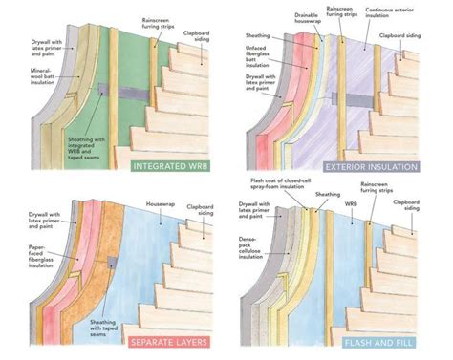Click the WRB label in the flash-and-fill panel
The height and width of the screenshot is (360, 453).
355,203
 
